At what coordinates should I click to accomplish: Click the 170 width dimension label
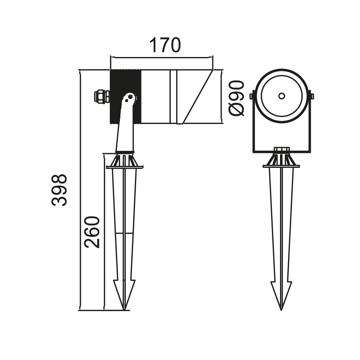tap(165, 45)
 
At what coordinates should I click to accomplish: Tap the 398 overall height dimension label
tap(59, 190)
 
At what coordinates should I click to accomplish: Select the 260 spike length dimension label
tap(92, 232)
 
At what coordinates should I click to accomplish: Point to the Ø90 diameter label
tap(237, 98)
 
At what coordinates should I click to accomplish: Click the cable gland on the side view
tap(102, 97)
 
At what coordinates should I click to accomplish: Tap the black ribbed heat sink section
tap(125, 97)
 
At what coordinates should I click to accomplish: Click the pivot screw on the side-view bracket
tap(130, 97)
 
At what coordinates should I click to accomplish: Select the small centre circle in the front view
tap(281, 96)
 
